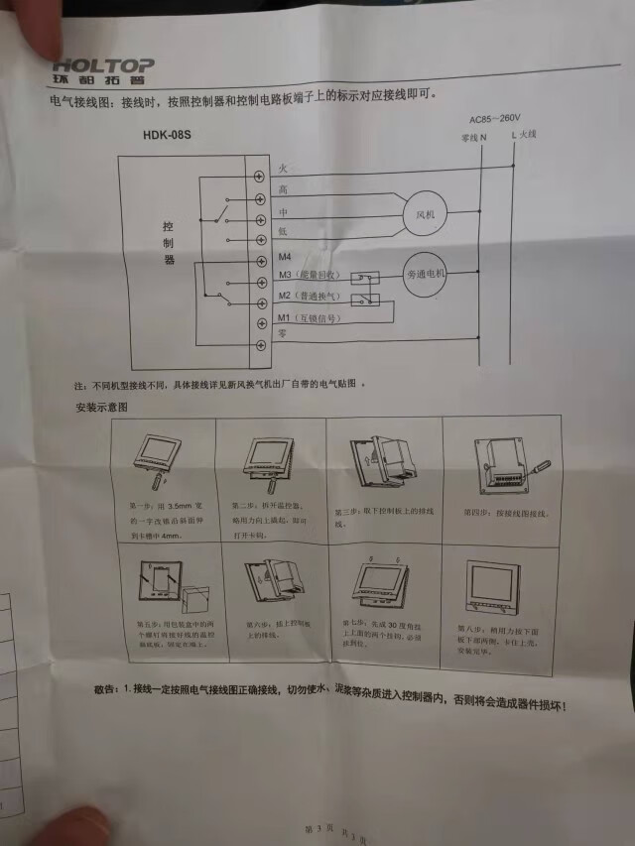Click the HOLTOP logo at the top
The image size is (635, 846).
(103, 66)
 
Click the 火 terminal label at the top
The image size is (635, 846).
(284, 168)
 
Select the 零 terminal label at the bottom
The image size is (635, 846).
(284, 337)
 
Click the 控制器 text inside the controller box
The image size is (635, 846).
(169, 243)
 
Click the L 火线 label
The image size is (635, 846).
(523, 134)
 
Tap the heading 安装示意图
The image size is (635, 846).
(102, 408)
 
